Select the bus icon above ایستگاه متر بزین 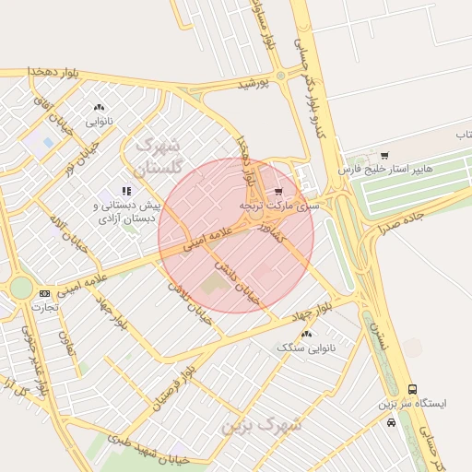pyautogui.click(x=411, y=389)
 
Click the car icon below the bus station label pyautogui.click(x=392, y=423)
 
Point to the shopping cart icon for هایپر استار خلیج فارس pyautogui.click(x=384, y=155)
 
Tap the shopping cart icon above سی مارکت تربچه pyautogui.click(x=278, y=191)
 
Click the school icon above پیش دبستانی pyautogui.click(x=126, y=191)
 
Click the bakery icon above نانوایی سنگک pyautogui.click(x=306, y=334)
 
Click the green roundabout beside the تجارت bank pyautogui.click(x=20, y=289)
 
